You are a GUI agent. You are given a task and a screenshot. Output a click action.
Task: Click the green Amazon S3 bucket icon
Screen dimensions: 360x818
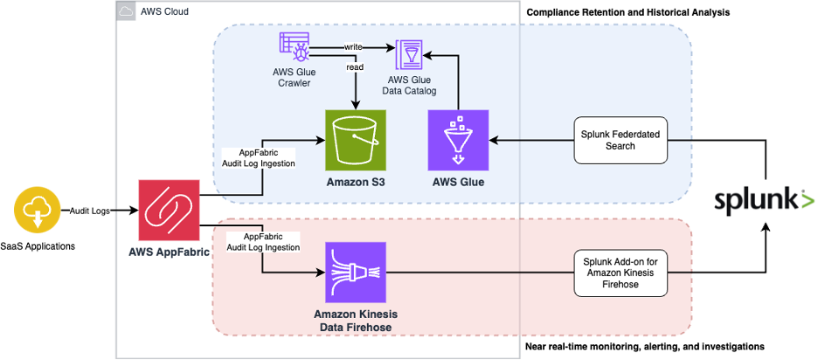tap(355, 140)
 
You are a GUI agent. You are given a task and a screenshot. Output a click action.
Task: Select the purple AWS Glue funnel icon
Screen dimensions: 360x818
tap(458, 140)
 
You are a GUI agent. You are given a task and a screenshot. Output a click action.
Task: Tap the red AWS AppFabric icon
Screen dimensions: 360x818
tap(169, 210)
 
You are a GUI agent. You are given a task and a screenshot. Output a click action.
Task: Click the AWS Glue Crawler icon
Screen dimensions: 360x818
tap(293, 47)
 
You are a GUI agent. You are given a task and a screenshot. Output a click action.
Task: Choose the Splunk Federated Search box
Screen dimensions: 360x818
tap(620, 140)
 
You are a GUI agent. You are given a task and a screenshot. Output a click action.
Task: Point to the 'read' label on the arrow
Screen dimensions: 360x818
tap(354, 66)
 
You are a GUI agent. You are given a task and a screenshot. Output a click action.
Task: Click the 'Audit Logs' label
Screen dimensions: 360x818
tap(90, 211)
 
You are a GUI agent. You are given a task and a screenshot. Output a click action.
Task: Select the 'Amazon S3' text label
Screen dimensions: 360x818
tap(355, 182)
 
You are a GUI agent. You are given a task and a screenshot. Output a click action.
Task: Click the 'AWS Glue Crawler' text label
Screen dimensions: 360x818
tap(294, 77)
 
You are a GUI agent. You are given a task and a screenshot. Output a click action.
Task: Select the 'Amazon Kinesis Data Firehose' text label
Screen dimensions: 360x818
tap(354, 319)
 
